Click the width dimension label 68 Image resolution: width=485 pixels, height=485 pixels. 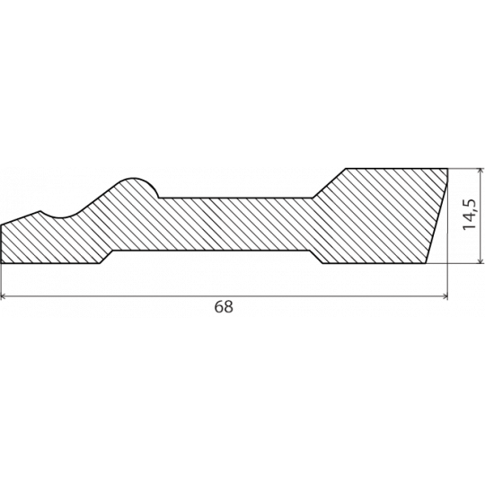click(x=224, y=306)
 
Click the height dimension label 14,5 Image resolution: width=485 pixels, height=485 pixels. click(x=470, y=215)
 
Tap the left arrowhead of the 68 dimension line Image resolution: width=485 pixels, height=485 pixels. click(x=3, y=296)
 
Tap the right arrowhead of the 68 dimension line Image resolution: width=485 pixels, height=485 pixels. click(x=445, y=296)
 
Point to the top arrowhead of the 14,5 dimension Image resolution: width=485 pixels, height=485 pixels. click(x=481, y=171)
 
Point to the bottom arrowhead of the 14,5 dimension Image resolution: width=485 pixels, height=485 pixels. click(x=481, y=260)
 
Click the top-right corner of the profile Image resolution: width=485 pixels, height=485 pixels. click(x=447, y=169)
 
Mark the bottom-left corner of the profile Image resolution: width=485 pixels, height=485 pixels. click(x=2, y=263)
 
